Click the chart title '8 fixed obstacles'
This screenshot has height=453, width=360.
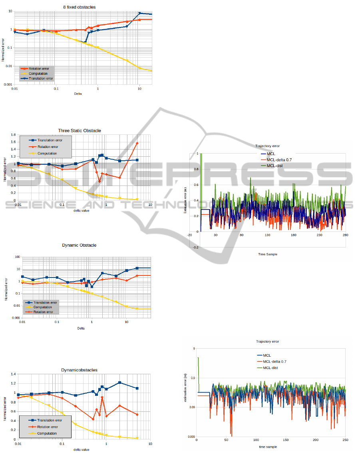[x=79, y=7]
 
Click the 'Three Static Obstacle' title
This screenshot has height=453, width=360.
[x=79, y=131]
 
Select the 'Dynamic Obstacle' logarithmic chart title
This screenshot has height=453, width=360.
[x=79, y=245]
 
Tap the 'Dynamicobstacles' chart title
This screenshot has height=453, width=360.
[x=79, y=370]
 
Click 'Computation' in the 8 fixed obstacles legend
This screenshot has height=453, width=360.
[x=38, y=74]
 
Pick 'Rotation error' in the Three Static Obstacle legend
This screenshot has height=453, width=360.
[x=48, y=147]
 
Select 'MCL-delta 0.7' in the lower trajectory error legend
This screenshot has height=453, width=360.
[x=274, y=361]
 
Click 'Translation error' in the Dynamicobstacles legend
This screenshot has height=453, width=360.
[x=50, y=420]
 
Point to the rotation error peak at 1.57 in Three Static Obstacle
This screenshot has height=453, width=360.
[x=137, y=143]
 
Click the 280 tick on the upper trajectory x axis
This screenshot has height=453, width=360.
[x=345, y=235]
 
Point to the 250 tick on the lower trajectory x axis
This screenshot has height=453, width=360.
[x=345, y=440]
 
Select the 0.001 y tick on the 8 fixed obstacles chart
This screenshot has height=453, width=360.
[x=8, y=84]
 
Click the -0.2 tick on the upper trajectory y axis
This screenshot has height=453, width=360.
[x=195, y=247]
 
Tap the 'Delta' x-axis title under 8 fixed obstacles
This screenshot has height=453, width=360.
[x=79, y=94]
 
